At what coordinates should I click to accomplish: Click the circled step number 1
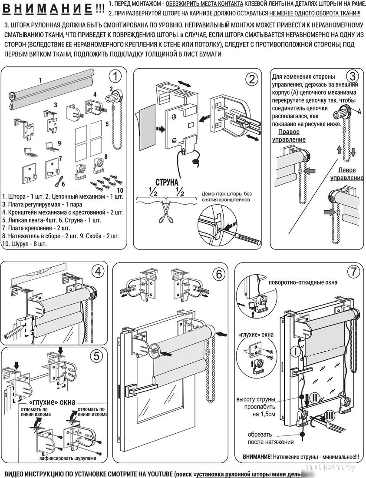coord(115,76)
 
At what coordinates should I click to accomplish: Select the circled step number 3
coord(352,76)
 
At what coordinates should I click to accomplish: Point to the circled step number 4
coord(99,271)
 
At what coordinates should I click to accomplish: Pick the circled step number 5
coord(96,356)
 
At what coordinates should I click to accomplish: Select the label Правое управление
coord(288,136)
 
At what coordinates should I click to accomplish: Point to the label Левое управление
coord(346,174)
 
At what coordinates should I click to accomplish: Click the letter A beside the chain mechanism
coord(359,111)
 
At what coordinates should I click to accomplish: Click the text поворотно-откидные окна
coord(303,282)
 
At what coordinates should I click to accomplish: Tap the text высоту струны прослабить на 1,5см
coord(256,407)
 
